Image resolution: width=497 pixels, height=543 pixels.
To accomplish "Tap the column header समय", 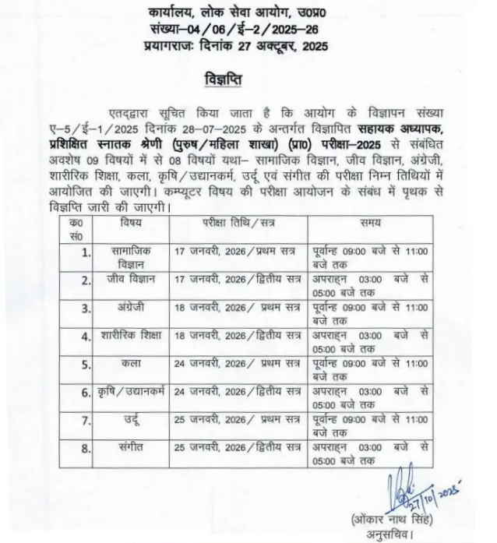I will (x=370, y=223).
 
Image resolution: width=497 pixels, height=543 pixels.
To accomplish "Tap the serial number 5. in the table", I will (x=86, y=364).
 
